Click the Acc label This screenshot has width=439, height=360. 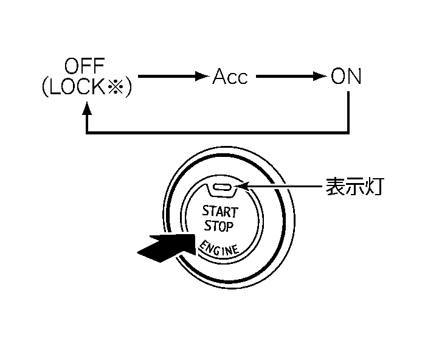point(230,77)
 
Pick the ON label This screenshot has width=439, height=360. point(346,77)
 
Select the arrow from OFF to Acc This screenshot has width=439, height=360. point(174,77)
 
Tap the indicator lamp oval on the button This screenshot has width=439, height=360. point(222,188)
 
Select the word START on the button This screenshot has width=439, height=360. point(220,212)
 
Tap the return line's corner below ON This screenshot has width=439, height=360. point(348,131)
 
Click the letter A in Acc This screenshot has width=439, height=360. point(219,77)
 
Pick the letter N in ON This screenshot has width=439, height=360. point(354,77)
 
